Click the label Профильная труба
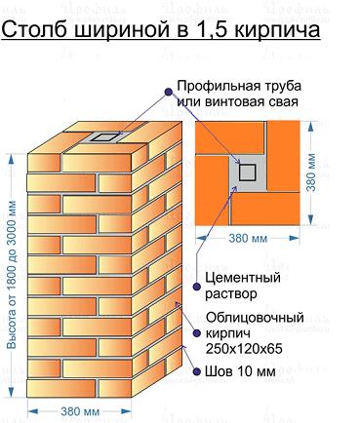239,86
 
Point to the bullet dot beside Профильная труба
168,92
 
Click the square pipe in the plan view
247,173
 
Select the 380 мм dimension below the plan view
248,239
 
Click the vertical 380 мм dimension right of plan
311,173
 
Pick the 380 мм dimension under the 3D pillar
80,411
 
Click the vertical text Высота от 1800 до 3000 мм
12,275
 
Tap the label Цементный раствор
243,286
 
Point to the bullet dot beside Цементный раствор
196,287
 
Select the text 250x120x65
244,349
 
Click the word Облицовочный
255,318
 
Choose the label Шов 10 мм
240,371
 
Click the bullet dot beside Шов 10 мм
196,371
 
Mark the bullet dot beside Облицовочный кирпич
196,333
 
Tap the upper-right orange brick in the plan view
283,156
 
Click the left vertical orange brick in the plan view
212,190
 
